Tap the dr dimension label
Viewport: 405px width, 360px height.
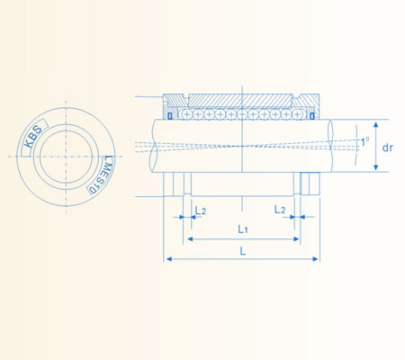coord(387,147)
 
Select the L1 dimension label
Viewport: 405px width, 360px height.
coord(243,229)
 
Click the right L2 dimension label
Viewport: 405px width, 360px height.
coord(282,209)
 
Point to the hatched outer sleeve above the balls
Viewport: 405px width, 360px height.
coord(241,101)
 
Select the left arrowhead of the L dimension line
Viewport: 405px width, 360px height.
coord(166,260)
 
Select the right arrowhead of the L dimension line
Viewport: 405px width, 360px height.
coord(318,260)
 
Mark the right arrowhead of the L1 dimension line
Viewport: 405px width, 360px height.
coord(299,239)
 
